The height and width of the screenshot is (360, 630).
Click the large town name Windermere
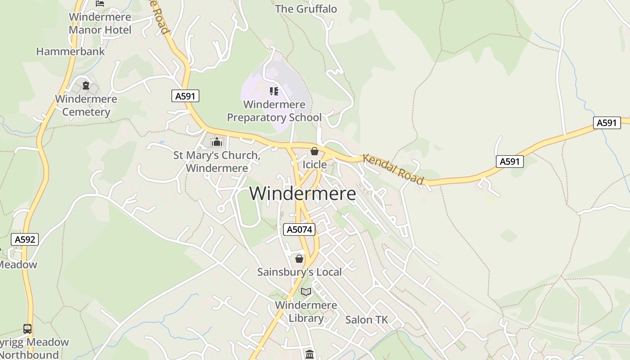pos(302,193)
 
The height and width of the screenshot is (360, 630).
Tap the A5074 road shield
pos(299,229)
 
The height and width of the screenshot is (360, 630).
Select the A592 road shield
pos(25,239)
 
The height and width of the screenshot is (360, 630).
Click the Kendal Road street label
pos(393,169)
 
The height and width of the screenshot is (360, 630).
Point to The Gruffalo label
pos(306,9)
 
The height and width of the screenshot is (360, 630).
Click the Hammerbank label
pos(70,51)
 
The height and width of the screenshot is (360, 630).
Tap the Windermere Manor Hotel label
pos(100,23)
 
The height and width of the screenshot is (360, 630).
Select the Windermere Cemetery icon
pos(86,85)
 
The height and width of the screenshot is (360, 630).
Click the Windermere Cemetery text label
pos(86,105)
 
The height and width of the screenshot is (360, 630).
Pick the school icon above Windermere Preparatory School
pos(274,91)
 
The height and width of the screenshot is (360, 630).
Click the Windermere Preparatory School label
pos(274,111)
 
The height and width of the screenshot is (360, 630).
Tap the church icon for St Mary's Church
pos(217,142)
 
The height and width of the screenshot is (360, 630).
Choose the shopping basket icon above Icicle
pos(315,151)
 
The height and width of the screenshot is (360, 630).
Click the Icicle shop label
pos(315,165)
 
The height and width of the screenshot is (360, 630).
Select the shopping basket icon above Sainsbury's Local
pos(299,259)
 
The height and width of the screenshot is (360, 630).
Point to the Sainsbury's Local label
pos(299,272)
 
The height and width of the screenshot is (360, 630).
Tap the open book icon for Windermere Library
pos(306,292)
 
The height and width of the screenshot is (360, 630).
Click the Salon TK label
pos(366,320)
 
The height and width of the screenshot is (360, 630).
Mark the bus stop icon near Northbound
pos(27,329)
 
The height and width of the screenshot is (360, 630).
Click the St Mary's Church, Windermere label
pos(217,162)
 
